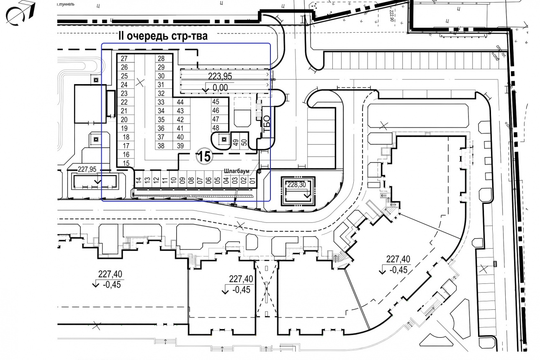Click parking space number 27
124,59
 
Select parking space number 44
180,102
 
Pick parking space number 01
252,180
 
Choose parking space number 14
138,180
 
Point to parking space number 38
162,146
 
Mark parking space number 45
216,102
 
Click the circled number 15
204,157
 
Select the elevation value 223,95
220,76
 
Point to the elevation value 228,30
297,184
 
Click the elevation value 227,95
87,169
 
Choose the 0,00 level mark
219,87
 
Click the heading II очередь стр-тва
163,36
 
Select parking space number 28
162,59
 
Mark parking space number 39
180,146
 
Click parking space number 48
216,128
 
